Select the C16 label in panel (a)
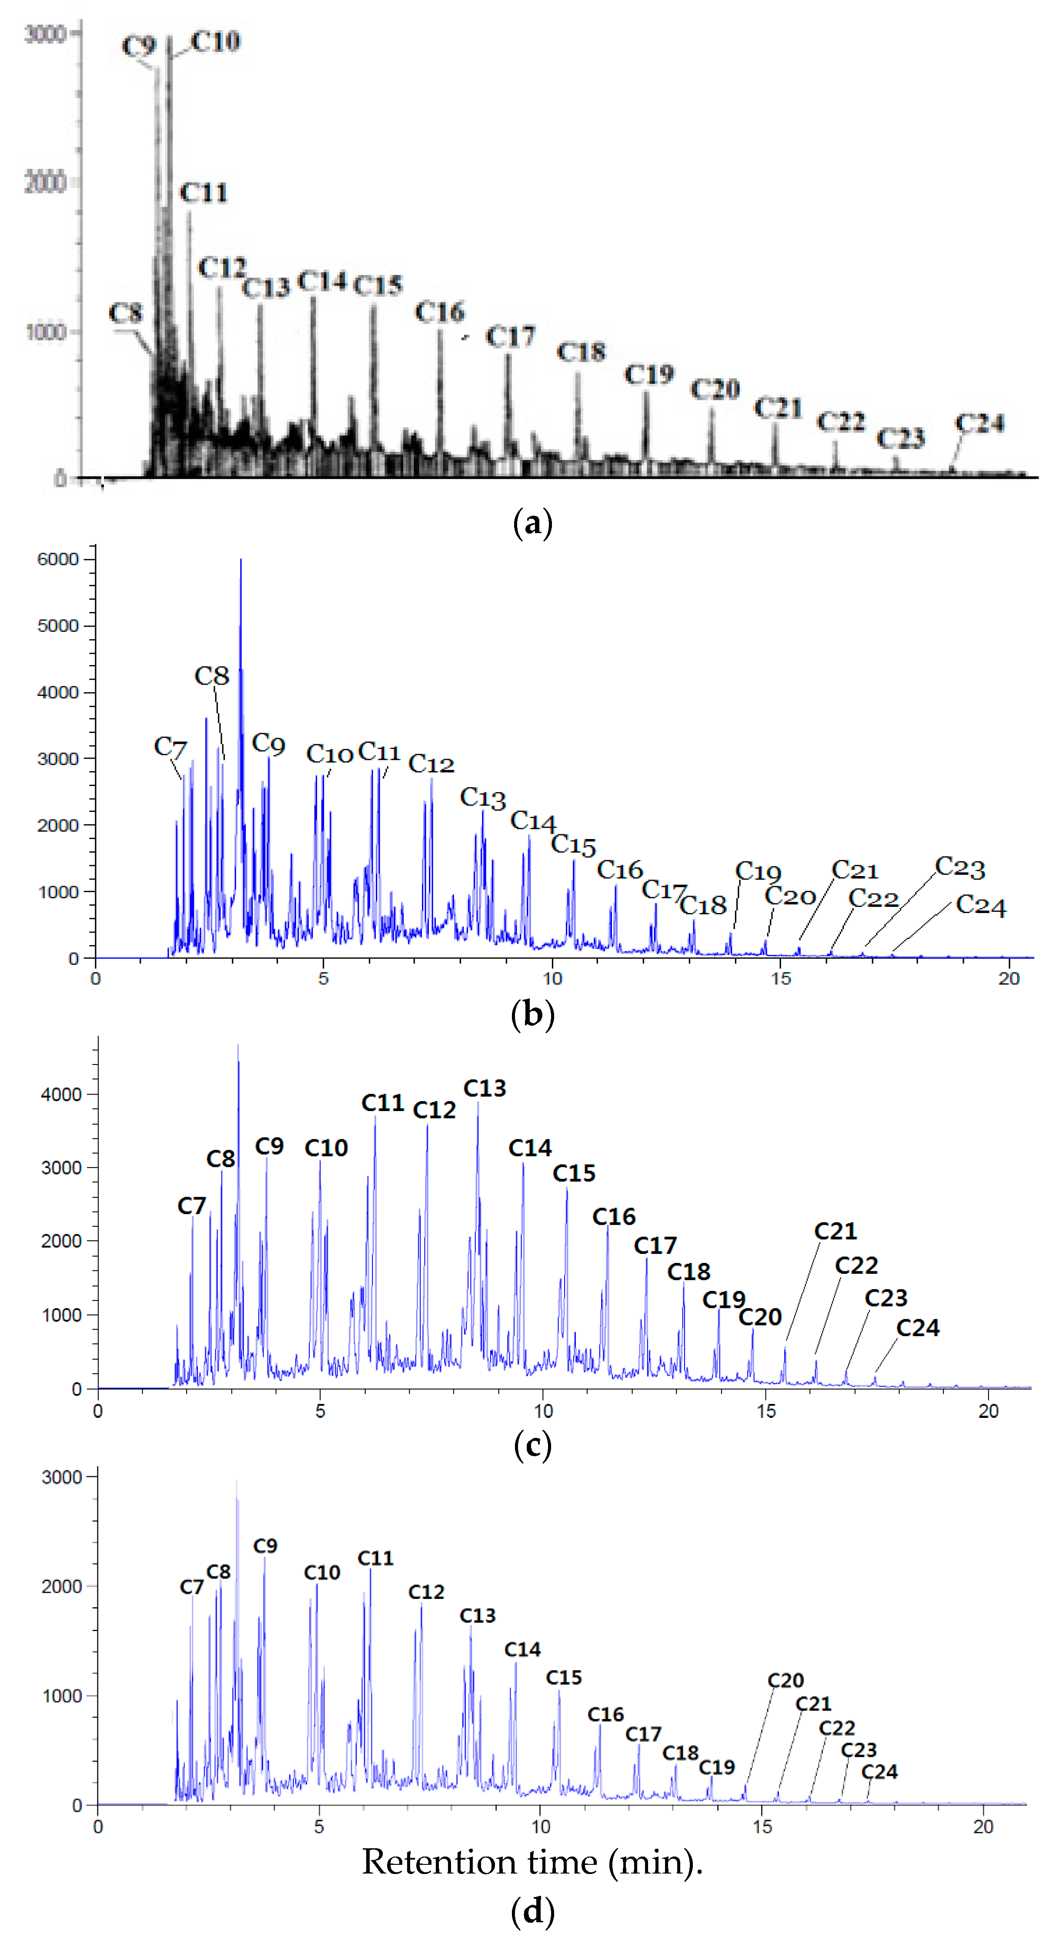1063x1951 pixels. (440, 312)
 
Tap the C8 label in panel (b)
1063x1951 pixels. (211, 675)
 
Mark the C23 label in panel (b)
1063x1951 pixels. (959, 867)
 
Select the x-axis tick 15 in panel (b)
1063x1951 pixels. (781, 978)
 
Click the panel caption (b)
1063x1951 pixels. (532, 1014)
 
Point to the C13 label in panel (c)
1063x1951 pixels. (485, 1088)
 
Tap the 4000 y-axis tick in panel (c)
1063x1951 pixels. (60, 1095)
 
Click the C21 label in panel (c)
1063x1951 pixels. (835, 1231)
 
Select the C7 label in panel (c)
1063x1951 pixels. (191, 1206)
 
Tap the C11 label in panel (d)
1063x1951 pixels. (375, 1558)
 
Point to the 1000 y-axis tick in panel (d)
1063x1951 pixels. (62, 1696)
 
